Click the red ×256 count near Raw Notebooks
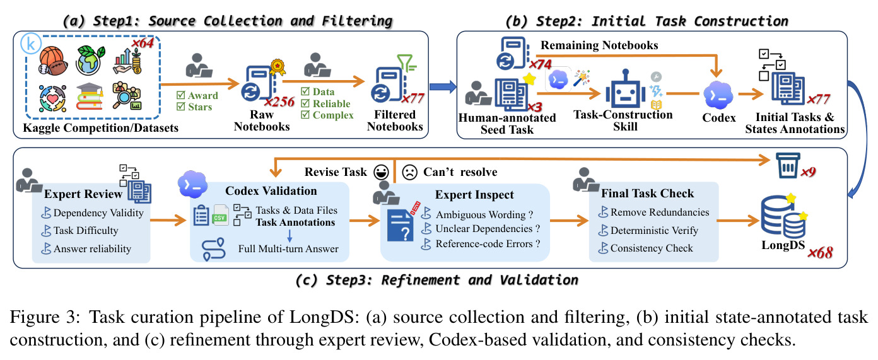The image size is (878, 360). (x=279, y=102)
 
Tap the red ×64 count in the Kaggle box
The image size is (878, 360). (x=143, y=42)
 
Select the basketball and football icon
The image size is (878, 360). (x=53, y=61)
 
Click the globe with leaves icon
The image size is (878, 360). (x=91, y=60)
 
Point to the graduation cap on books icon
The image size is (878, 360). (x=89, y=96)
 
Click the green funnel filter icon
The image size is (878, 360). (x=406, y=62)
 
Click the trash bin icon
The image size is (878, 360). (x=788, y=165)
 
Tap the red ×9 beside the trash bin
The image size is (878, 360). (x=808, y=171)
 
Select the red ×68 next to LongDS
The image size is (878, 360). (x=820, y=253)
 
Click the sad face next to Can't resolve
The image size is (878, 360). (x=409, y=172)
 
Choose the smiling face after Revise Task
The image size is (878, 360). (x=381, y=172)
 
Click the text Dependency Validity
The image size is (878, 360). (x=98, y=212)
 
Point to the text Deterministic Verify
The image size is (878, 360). (x=654, y=230)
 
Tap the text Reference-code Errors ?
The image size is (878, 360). (x=488, y=243)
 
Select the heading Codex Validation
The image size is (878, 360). (x=271, y=191)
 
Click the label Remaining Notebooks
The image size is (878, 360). (x=599, y=45)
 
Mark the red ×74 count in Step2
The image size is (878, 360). (x=541, y=64)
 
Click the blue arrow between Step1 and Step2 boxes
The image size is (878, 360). (x=443, y=86)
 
